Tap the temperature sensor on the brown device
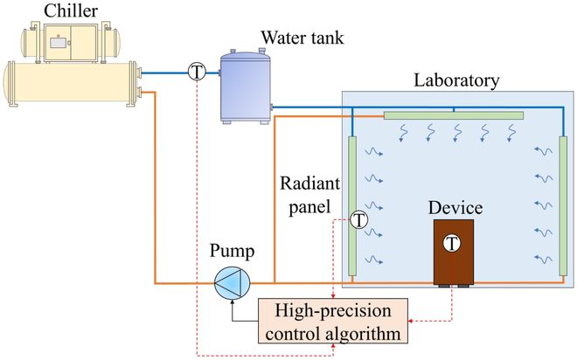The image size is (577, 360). [452, 244]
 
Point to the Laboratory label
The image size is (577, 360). [457, 80]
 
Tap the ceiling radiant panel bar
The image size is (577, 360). [454, 115]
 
